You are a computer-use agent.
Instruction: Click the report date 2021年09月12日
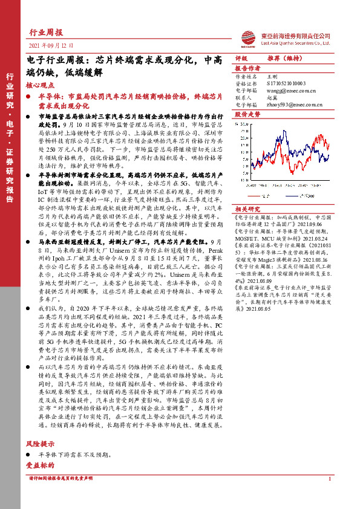51,46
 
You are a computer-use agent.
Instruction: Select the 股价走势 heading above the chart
247,113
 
